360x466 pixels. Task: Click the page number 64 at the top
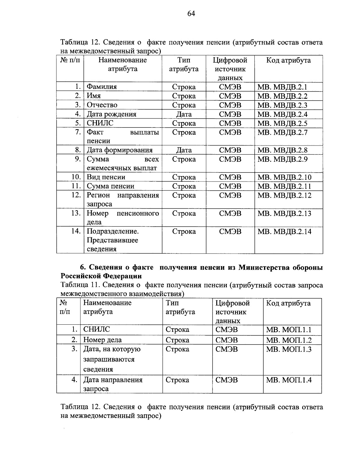(x=191, y=14)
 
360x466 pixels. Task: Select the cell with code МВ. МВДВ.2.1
(x=282, y=87)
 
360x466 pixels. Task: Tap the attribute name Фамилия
(x=102, y=87)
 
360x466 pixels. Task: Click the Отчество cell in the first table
(x=102, y=105)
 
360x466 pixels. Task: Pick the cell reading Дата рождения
(x=111, y=114)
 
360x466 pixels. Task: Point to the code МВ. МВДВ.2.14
(x=284, y=231)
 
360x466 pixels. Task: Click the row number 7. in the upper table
(x=78, y=132)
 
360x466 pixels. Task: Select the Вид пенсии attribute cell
(x=106, y=177)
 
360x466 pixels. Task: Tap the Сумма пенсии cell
(x=110, y=186)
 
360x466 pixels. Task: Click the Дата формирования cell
(x=119, y=150)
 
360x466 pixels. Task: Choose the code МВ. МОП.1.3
(x=289, y=349)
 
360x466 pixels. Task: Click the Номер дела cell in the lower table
(x=102, y=340)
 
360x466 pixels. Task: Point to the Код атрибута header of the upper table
(x=288, y=60)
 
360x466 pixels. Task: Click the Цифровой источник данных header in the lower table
(x=232, y=312)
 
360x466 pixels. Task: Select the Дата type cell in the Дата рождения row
(x=184, y=114)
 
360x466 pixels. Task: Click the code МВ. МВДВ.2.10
(x=284, y=177)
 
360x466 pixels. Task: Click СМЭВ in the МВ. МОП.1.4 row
(x=226, y=380)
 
